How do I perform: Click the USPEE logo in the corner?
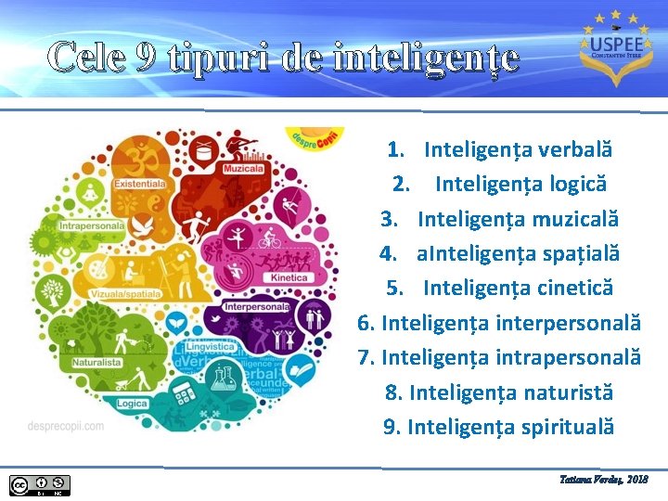(x=610, y=45)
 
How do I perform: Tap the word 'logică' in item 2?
(x=575, y=184)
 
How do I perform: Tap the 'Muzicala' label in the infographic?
(x=242, y=170)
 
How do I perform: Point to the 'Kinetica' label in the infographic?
(x=289, y=277)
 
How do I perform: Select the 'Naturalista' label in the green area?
(x=97, y=363)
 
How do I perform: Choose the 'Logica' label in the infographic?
(x=133, y=404)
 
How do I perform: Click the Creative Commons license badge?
(x=40, y=484)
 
